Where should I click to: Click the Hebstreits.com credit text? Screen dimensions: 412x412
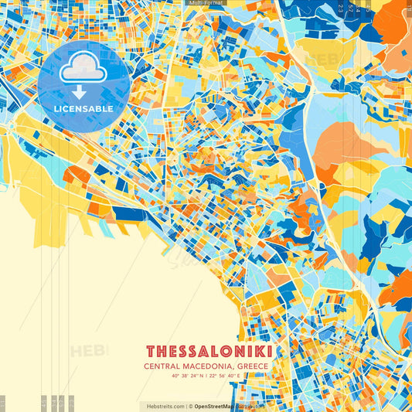pyautogui.click(x=163, y=406)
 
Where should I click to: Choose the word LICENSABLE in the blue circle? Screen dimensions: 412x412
pyautogui.click(x=83, y=109)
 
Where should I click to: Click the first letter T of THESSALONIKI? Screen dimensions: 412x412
pyautogui.click(x=151, y=352)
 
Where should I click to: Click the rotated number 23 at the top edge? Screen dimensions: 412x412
pyautogui.click(x=341, y=8)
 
